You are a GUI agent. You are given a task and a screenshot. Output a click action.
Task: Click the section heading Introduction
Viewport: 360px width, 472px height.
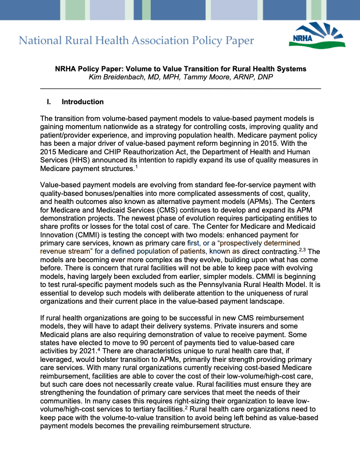coord(83,102)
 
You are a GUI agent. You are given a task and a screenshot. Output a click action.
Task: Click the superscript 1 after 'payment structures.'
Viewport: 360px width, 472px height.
coord(137,167)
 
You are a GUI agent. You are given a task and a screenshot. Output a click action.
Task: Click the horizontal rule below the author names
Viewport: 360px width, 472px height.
coord(180,88)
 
